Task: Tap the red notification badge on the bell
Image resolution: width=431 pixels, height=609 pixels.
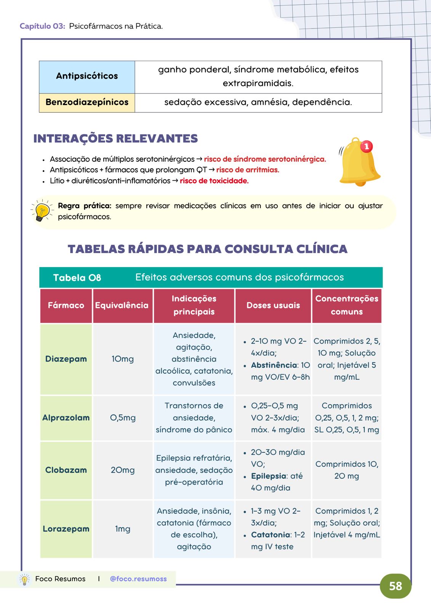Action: click(367, 146)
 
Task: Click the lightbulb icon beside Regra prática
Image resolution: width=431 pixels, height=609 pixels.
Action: click(42, 211)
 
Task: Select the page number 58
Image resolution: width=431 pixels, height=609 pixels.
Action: click(396, 586)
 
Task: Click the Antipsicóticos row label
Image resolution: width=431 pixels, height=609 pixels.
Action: click(87, 76)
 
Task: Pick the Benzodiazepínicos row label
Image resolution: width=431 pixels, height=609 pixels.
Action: click(87, 102)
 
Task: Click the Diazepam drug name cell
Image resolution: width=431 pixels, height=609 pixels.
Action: click(66, 359)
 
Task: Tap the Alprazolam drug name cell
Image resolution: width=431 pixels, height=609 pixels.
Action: click(66, 418)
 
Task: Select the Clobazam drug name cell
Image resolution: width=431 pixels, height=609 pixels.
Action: click(66, 470)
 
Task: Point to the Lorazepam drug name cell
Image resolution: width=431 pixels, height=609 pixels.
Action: click(66, 529)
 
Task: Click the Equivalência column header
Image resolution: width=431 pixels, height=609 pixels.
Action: click(122, 305)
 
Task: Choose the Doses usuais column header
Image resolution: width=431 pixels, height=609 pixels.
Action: click(273, 305)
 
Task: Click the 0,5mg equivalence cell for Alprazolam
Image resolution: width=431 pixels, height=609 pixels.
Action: click(123, 418)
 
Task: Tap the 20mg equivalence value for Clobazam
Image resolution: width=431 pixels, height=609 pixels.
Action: click(123, 470)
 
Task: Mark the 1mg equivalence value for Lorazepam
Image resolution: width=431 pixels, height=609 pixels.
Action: click(123, 529)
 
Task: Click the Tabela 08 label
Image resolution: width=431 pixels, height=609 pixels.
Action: click(77, 277)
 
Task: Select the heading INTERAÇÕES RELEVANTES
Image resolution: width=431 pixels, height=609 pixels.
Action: click(115, 139)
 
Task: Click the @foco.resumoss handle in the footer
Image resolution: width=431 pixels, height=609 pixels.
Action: click(138, 579)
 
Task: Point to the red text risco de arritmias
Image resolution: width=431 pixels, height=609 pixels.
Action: click(248, 170)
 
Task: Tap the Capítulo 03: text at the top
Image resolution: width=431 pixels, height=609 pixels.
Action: click(42, 26)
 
